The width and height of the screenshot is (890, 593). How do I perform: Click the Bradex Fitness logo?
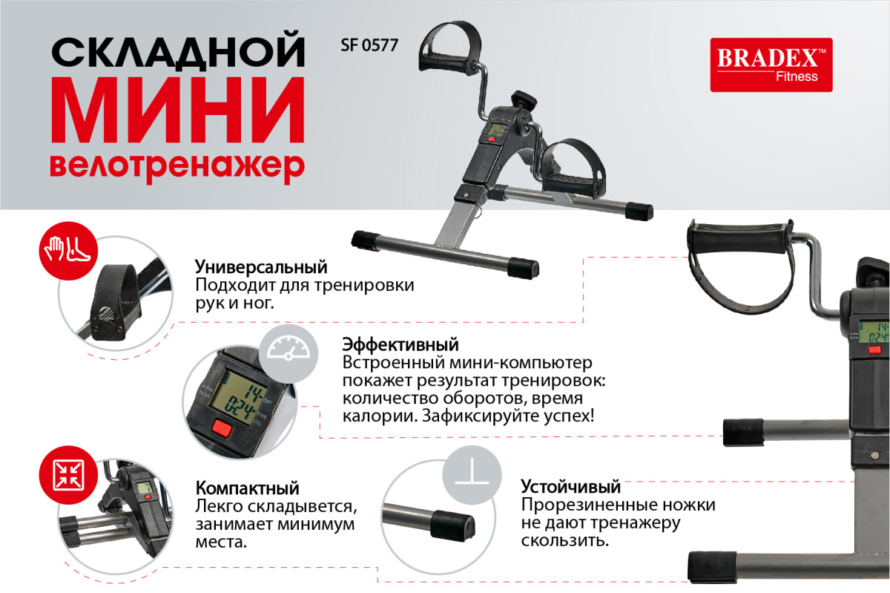coord(771,65)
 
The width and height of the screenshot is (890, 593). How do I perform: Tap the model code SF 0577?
coord(369,45)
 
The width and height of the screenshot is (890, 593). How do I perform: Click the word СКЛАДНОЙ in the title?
coord(178,52)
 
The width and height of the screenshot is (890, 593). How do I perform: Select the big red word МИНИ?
coord(177,109)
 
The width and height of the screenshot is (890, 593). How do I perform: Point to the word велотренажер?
coord(177,168)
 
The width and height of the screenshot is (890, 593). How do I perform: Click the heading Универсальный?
coord(261,267)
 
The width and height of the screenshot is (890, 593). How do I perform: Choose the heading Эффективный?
coord(400,344)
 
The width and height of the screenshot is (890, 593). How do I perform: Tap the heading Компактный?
coord(247,488)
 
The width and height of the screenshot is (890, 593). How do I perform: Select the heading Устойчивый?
coord(570,486)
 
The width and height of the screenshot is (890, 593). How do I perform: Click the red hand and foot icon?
coord(68,251)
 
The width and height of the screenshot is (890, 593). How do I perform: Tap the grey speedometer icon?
coord(289,353)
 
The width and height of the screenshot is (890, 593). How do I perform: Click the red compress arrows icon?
coord(68,475)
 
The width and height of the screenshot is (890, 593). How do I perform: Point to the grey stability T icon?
coord(472,475)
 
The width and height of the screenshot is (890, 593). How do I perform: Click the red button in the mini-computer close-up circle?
coord(222,428)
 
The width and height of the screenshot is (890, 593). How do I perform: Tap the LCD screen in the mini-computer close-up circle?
coord(237,398)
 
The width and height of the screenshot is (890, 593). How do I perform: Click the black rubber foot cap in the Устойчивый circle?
coord(453,525)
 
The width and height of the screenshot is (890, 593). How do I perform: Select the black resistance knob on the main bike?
coord(524,98)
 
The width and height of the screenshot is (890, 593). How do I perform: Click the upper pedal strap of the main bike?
coord(450,47)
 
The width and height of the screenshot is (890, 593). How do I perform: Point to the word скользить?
coord(565,541)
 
